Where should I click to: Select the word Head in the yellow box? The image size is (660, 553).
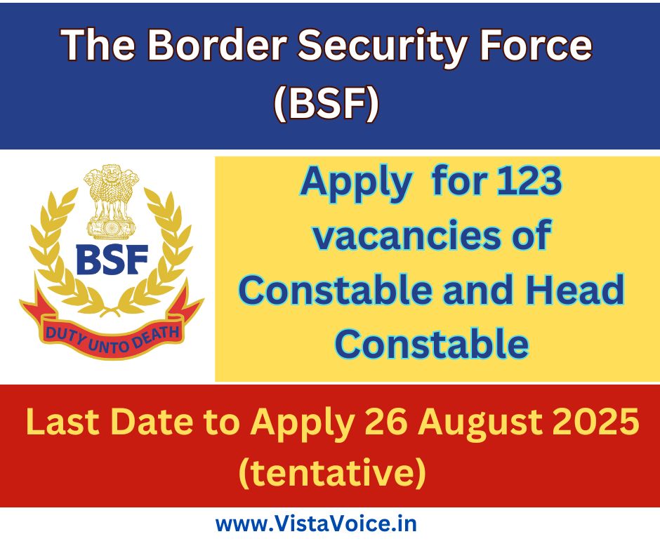[x=574, y=290]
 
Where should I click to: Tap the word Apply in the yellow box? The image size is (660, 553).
[x=356, y=185]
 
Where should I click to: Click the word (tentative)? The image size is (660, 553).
[x=332, y=473]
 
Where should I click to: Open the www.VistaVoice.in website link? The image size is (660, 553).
[x=316, y=524]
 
